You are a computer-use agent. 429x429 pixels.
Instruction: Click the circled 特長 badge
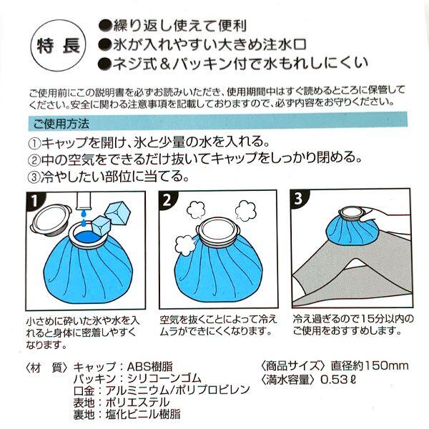click(58, 46)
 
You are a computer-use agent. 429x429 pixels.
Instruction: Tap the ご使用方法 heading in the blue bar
click(61, 124)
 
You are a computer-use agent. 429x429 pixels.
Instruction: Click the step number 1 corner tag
click(34, 201)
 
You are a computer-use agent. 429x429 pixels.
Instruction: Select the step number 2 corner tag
click(167, 200)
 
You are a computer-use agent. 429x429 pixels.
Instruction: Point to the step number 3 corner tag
click(298, 199)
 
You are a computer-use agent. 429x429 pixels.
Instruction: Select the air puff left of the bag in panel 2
click(184, 245)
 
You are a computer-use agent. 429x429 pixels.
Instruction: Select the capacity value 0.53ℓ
click(338, 379)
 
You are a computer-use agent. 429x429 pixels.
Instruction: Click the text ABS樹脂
click(150, 366)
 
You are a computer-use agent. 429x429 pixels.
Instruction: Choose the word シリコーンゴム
click(164, 378)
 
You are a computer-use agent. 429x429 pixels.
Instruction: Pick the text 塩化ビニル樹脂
click(143, 415)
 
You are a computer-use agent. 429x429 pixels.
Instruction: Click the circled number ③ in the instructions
click(34, 177)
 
